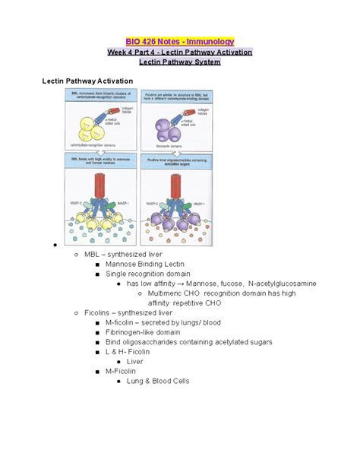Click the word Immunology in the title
(207, 41)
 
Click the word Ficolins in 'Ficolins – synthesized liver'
(99, 312)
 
